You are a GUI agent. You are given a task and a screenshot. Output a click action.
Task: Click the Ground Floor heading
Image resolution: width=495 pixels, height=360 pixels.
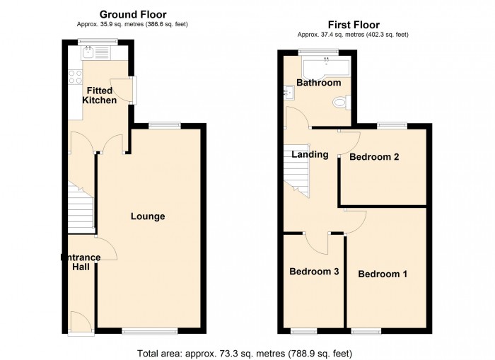pyautogui.click(x=133, y=15)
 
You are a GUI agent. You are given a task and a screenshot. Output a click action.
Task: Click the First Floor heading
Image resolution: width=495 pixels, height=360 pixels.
pyautogui.click(x=354, y=25)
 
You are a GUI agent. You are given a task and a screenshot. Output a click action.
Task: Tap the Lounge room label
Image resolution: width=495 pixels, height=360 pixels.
pyautogui.click(x=148, y=216)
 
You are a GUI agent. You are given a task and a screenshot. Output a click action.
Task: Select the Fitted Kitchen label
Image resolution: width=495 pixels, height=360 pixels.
pyautogui.click(x=100, y=95)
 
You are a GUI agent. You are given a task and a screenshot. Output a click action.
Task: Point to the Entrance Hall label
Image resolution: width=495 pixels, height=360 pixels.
pyautogui.click(x=81, y=262)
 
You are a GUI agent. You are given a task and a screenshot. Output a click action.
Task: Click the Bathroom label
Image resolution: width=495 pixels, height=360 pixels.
pyautogui.click(x=319, y=83)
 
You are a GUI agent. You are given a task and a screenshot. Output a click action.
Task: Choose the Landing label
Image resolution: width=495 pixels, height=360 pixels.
pyautogui.click(x=310, y=154)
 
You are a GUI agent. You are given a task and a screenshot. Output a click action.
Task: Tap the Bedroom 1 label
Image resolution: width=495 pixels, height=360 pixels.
pyautogui.click(x=383, y=274)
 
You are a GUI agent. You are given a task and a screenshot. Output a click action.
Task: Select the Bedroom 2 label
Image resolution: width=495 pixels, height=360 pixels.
pyautogui.click(x=374, y=156)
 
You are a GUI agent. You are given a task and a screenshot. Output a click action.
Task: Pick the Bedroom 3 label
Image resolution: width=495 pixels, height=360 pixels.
pyautogui.click(x=314, y=272)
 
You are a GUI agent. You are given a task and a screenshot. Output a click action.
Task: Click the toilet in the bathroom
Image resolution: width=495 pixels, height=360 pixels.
pyautogui.click(x=342, y=103)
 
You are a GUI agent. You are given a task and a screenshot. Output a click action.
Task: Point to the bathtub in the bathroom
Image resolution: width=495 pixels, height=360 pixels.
pyautogui.click(x=327, y=67)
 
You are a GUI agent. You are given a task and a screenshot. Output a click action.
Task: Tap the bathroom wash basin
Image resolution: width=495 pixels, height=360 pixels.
pyautogui.click(x=289, y=93)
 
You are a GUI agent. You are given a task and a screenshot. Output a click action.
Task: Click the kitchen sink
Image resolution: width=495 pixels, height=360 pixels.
pyautogui.click(x=95, y=53)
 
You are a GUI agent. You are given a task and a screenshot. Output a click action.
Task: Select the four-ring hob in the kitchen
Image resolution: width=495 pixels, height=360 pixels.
pyautogui.click(x=75, y=77)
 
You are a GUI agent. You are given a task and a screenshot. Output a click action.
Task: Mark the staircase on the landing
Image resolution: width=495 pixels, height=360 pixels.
pyautogui.click(x=296, y=171)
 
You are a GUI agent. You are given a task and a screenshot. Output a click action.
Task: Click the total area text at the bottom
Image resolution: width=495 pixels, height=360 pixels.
pyautogui.click(x=245, y=353)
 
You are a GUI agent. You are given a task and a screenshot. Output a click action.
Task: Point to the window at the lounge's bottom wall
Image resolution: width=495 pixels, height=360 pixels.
pyautogui.click(x=150, y=331)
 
